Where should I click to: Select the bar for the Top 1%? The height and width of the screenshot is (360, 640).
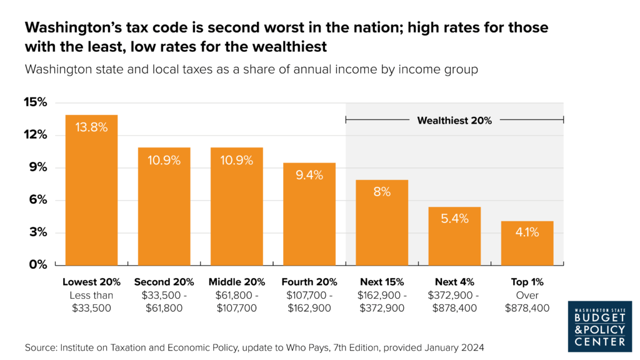click(x=527, y=244)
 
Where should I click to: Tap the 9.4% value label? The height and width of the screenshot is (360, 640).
click(x=309, y=176)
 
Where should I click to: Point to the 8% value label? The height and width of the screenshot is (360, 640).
click(x=382, y=192)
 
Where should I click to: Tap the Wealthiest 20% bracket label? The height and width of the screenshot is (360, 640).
click(x=454, y=121)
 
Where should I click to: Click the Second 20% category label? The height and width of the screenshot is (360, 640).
click(x=164, y=282)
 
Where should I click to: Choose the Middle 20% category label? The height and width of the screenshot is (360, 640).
click(x=237, y=282)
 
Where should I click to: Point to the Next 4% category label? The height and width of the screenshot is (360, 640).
click(x=454, y=282)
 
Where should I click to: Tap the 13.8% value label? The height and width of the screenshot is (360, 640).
click(x=91, y=127)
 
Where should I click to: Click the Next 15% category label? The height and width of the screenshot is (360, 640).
click(x=382, y=282)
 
